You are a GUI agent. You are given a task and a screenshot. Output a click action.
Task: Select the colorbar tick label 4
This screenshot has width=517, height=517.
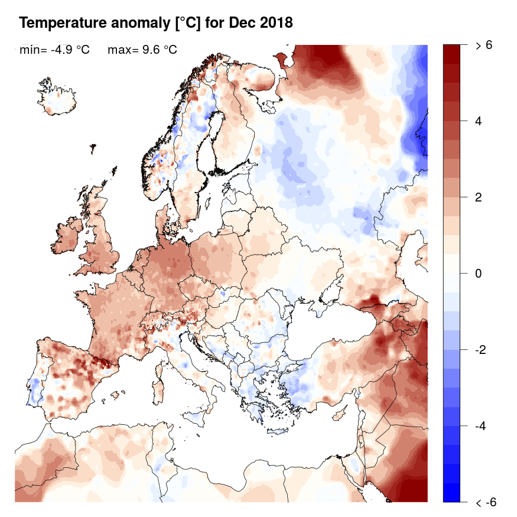pyautogui.click(x=479, y=121)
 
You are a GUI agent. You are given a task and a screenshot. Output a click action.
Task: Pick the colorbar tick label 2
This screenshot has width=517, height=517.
pyautogui.click(x=479, y=197)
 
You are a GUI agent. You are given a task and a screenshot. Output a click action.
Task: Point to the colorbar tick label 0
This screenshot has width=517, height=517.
pyautogui.click(x=479, y=274)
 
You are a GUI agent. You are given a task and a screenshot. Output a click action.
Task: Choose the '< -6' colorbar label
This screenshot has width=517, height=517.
pyautogui.click(x=486, y=502)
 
